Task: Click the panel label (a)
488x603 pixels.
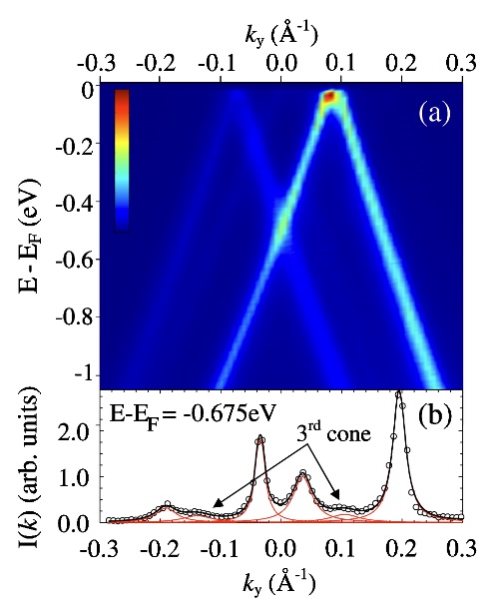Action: coord(434,114)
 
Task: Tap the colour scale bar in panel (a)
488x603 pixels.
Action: coord(122,161)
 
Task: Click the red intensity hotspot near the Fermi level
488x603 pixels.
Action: coord(328,96)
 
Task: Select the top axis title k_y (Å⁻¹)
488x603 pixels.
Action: coord(281,37)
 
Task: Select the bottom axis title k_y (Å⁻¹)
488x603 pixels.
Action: coord(279,583)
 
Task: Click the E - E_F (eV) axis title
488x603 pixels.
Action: coord(30,236)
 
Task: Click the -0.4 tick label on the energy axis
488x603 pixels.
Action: coord(75,203)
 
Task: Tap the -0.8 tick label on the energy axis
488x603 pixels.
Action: coord(75,318)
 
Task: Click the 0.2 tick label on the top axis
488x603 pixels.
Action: coord(401,64)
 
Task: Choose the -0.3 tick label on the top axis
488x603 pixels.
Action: coord(97,64)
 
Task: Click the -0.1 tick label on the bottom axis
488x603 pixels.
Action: coord(220,549)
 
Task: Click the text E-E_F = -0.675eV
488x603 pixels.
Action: coord(193,415)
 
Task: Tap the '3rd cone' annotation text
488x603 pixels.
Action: coord(333,433)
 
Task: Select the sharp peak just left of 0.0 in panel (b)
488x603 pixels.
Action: coord(260,437)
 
